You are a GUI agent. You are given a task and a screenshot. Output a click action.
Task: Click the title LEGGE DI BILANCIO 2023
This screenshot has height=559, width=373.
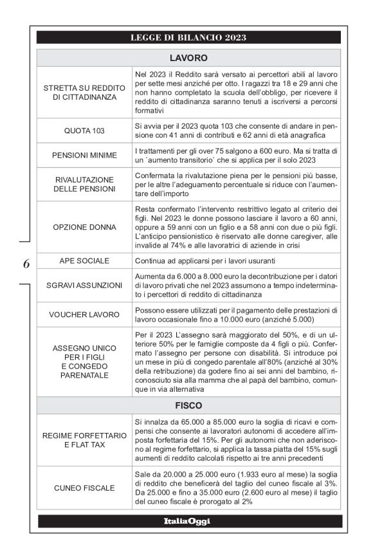[x=189, y=37]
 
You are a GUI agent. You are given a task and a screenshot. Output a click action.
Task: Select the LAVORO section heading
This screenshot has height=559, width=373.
[x=189, y=57]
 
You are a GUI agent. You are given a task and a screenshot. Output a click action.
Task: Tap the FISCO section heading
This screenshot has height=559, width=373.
[x=189, y=407]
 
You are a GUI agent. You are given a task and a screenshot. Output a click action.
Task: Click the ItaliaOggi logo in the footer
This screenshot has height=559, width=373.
[x=189, y=520]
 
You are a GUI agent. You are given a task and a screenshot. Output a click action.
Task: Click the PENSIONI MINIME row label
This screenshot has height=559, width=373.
[x=84, y=155]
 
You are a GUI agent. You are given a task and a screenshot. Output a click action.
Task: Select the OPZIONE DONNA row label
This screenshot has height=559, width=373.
[x=84, y=228]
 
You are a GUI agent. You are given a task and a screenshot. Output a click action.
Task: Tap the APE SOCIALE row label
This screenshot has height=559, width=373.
[x=84, y=262]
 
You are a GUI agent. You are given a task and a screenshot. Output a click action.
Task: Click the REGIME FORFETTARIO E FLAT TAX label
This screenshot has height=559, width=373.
[x=84, y=440]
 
